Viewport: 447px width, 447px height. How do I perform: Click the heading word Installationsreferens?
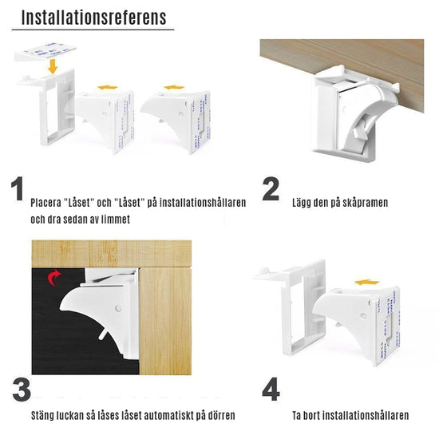pyautogui.click(x=94, y=18)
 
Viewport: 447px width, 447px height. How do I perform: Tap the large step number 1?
pyautogui.click(x=18, y=188)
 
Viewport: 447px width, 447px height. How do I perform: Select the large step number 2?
pyautogui.click(x=271, y=188)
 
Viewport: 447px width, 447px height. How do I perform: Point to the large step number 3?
pyautogui.click(x=22, y=390)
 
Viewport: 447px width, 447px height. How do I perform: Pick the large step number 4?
pyautogui.click(x=271, y=390)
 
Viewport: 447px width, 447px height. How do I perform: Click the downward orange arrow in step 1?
pyautogui.click(x=53, y=67)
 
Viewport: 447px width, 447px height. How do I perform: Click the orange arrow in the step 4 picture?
pyautogui.click(x=367, y=283)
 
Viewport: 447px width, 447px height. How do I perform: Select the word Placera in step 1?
pyautogui.click(x=45, y=203)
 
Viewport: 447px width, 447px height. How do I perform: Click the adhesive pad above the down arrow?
pyautogui.click(x=45, y=52)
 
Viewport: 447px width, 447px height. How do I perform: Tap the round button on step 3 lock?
pyautogui.click(x=118, y=308)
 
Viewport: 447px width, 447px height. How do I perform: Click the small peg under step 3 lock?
pyautogui.click(x=103, y=334)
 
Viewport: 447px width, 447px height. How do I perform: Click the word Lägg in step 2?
pyautogui.click(x=302, y=204)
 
